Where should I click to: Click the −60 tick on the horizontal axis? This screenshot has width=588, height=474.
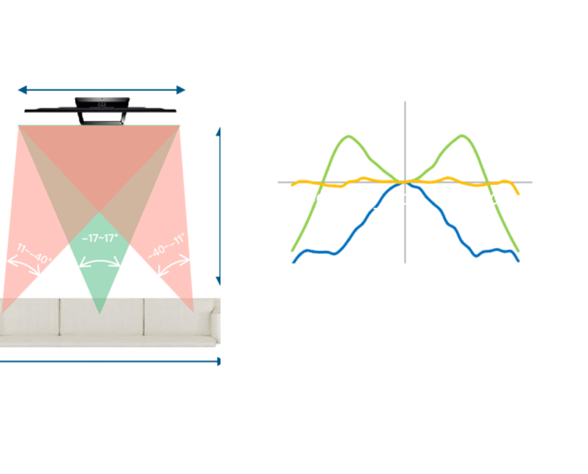click(x=322, y=200)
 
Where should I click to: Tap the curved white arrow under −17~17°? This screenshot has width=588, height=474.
click(x=100, y=259)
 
